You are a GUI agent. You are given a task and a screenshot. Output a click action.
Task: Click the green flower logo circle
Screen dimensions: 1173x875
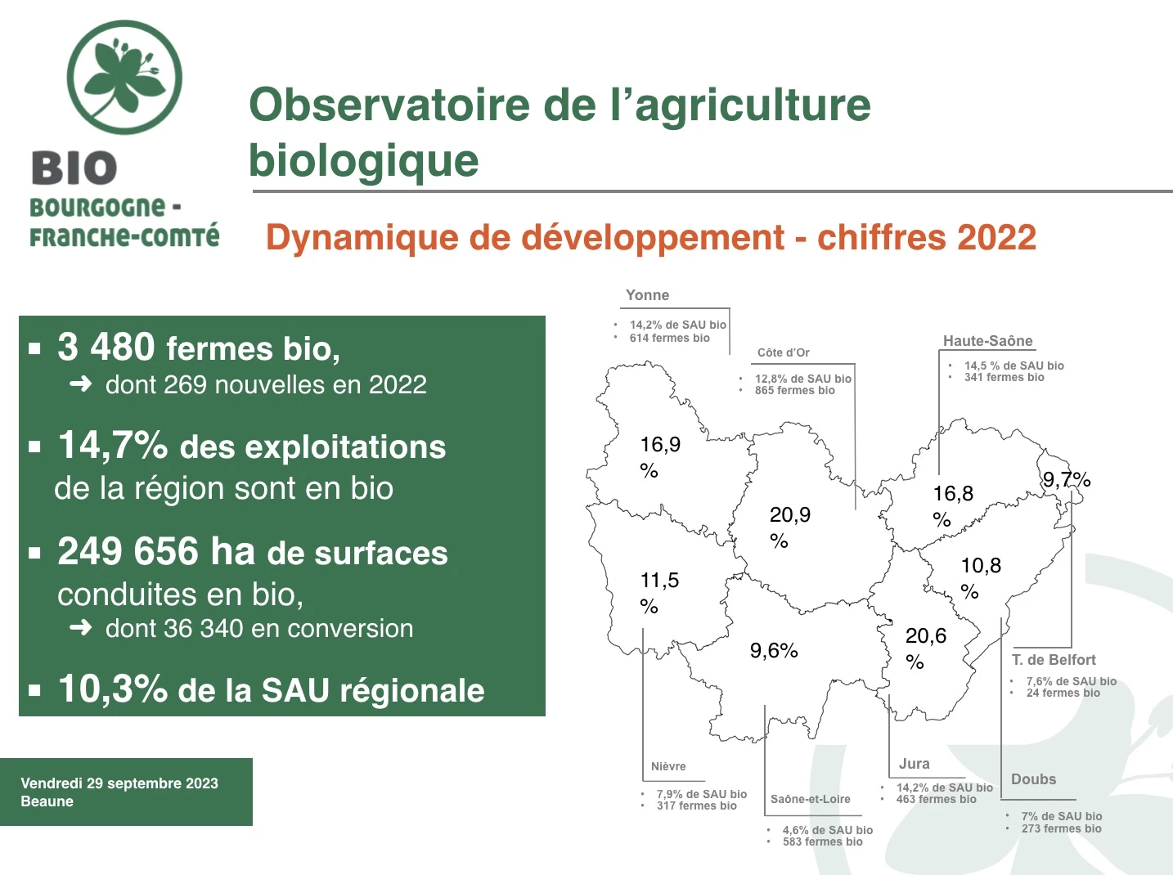point(124,78)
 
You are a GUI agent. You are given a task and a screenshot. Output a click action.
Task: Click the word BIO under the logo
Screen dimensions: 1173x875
point(74,168)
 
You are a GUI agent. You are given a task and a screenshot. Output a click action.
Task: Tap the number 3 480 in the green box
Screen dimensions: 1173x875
point(106,347)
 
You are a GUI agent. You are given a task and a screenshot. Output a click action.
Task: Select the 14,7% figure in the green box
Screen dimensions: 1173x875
point(113,445)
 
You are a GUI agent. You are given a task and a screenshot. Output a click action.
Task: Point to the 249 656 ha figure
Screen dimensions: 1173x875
point(156,550)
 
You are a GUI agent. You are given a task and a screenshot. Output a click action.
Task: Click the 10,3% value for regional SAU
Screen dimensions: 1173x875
point(113,689)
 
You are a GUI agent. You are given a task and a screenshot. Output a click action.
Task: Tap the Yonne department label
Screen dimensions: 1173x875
point(647,295)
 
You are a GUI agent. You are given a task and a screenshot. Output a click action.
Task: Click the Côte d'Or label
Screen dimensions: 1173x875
point(784,352)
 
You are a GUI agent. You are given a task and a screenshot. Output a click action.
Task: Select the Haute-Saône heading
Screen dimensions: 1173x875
point(987,341)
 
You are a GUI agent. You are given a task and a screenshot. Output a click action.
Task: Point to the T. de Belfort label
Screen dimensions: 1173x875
point(1054,660)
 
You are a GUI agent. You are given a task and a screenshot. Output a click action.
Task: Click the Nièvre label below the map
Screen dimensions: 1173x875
point(668,766)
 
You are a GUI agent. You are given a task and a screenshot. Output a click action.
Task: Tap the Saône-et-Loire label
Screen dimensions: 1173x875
point(810,799)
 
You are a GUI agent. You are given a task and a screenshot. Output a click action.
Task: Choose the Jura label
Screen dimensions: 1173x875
point(914,764)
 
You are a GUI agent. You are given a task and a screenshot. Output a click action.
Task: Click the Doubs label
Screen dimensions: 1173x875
point(1033,779)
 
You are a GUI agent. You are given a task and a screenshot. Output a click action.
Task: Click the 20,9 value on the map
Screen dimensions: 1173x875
point(790,515)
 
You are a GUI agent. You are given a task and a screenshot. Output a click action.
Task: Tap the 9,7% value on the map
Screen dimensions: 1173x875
point(1067,480)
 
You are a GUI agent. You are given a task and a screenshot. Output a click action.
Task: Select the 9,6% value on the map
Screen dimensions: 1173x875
point(774,651)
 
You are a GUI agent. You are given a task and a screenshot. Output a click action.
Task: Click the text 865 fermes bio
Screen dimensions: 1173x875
point(794,391)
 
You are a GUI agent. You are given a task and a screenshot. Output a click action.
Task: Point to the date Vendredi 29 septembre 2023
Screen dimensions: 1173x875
point(119,783)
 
